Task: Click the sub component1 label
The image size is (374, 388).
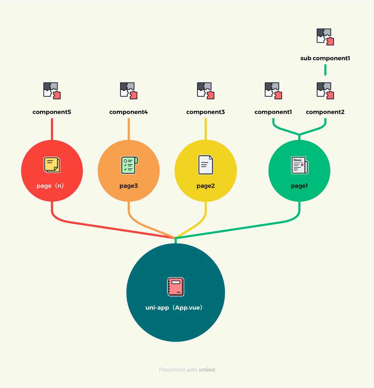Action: click(325, 59)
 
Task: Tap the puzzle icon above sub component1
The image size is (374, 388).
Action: click(325, 37)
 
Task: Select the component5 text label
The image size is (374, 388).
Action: click(52, 112)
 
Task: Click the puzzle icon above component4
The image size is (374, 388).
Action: click(129, 91)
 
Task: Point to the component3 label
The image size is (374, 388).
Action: click(206, 112)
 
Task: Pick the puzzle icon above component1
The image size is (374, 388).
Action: click(273, 91)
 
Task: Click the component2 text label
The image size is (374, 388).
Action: click(325, 112)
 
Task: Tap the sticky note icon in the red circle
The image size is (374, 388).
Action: click(52, 165)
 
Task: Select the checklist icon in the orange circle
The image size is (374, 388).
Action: click(129, 165)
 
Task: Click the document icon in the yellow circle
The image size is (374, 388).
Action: click(206, 165)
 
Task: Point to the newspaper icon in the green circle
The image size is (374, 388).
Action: click(299, 165)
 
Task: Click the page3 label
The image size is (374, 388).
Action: click(129, 186)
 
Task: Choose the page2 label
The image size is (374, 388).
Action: click(206, 186)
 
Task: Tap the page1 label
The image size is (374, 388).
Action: click(299, 186)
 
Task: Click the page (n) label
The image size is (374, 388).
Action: click(50, 186)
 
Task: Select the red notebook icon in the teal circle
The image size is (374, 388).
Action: click(175, 287)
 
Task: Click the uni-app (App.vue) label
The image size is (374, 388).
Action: click(174, 308)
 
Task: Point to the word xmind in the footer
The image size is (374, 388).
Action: click(207, 370)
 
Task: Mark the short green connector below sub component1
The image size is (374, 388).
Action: click(325, 70)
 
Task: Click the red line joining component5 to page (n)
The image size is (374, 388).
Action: click(52, 129)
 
